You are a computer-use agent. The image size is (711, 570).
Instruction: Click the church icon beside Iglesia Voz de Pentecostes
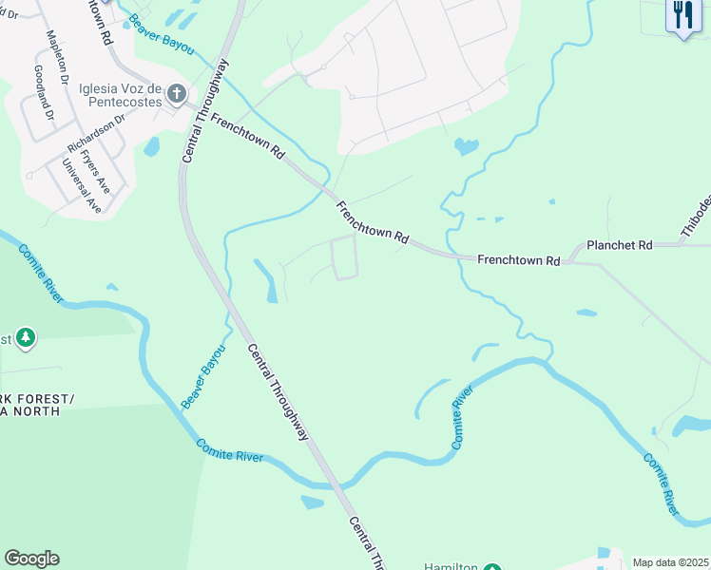click(x=175, y=93)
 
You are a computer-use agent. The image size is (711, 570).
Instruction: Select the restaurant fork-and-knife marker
click(x=682, y=17)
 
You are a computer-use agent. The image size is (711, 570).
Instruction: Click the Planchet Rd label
click(x=619, y=245)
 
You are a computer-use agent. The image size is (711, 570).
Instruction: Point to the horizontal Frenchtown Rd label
click(x=518, y=259)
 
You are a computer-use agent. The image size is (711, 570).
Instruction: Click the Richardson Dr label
click(x=96, y=135)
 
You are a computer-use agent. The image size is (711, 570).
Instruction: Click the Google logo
click(x=31, y=559)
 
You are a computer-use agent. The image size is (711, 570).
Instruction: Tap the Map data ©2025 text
click(x=670, y=562)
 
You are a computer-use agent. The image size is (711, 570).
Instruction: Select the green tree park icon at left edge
click(x=26, y=337)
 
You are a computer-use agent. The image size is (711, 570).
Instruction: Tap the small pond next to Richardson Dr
click(x=151, y=146)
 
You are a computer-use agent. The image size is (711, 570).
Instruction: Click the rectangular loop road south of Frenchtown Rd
click(x=343, y=257)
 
